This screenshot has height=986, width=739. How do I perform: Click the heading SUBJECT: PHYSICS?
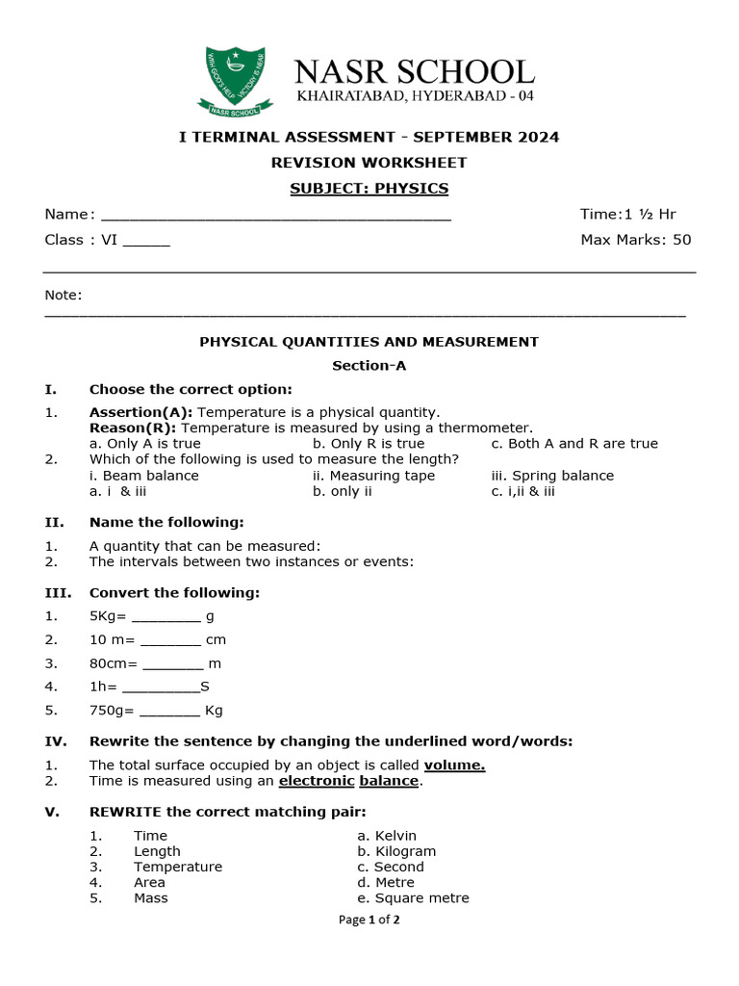(369, 188)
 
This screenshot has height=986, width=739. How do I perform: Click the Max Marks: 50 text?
(635, 240)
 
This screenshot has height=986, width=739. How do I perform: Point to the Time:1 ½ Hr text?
(627, 214)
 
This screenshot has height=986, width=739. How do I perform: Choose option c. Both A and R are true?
(574, 444)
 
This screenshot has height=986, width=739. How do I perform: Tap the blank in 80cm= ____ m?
(173, 664)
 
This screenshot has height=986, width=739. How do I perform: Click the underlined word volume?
(454, 765)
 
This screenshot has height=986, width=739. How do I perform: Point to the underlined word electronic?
(317, 781)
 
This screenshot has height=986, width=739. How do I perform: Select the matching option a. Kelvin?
(387, 836)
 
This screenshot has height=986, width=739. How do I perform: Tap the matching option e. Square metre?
(413, 898)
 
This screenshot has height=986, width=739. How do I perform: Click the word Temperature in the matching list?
(178, 867)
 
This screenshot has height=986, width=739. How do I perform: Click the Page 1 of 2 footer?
(369, 920)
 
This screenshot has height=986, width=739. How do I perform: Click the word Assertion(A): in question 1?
(140, 412)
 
